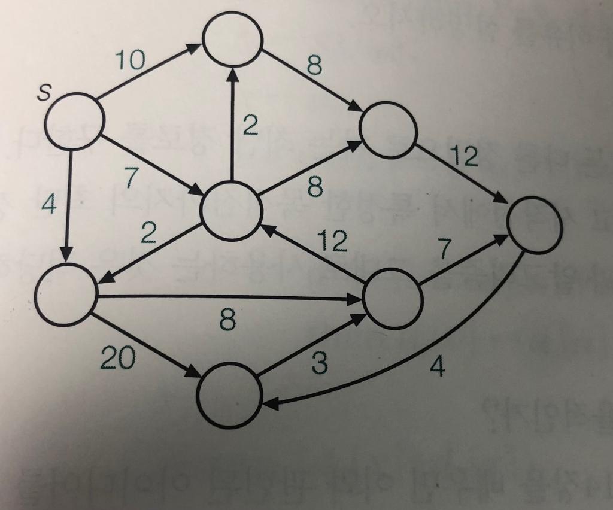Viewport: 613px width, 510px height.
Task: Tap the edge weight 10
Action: (131, 61)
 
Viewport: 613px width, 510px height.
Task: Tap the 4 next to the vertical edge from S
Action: (49, 205)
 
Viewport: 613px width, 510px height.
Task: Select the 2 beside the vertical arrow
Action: (250, 125)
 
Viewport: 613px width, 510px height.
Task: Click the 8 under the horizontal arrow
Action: (227, 321)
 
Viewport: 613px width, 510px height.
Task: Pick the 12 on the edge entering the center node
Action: (332, 240)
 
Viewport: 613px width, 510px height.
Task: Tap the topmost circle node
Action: (233, 40)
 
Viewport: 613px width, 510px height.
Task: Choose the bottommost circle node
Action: (230, 397)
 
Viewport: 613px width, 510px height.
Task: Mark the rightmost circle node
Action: (534, 224)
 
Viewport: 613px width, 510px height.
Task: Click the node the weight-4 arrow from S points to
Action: (66, 295)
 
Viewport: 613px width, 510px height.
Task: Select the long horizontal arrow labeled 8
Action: (227, 297)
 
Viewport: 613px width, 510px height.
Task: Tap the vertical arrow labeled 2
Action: (232, 126)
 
